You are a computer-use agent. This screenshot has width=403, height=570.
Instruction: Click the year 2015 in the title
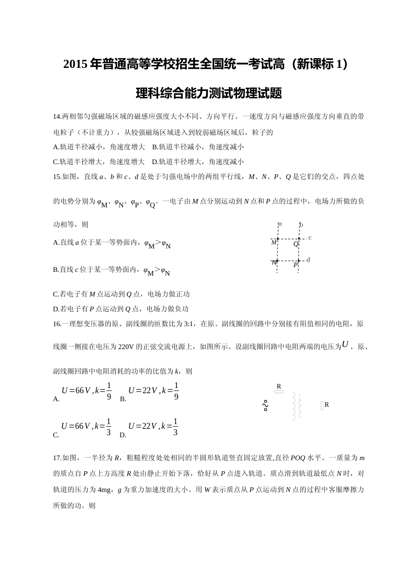pos(76,64)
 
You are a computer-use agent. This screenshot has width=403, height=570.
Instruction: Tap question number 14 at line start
pos(57,117)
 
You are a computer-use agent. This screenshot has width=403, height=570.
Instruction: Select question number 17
pos(57,458)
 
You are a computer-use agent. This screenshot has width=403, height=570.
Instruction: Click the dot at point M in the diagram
pos(278,239)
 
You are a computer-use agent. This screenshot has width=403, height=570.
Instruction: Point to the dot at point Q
pos(299,239)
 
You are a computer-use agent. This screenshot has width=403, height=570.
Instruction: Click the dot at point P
pos(299,260)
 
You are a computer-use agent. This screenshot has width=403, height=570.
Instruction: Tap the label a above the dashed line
pos(280,224)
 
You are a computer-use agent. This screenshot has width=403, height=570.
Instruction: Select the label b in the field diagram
pos(301,225)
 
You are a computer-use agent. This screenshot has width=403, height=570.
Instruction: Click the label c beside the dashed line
pos(310,238)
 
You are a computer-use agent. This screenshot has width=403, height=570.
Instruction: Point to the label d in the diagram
pos(308,260)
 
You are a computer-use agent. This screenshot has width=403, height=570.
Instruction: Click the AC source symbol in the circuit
pos(266,406)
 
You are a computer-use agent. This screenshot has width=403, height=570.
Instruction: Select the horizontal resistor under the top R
pos(279,392)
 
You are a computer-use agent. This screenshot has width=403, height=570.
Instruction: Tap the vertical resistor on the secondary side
pos(322,406)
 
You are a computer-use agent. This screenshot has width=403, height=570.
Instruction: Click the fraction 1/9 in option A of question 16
pos(109,391)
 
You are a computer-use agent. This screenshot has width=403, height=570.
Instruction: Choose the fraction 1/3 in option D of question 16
pos(175,427)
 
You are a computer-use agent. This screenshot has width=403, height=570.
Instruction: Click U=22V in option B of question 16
pos(143,391)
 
